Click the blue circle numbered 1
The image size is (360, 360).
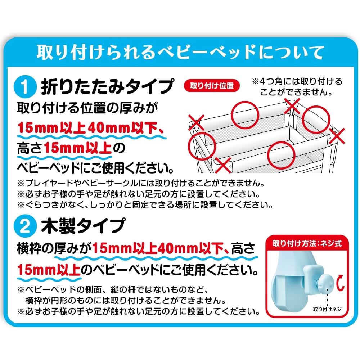click(25, 87)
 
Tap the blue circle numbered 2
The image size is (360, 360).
click(25, 226)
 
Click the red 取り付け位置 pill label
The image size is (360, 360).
click(212, 86)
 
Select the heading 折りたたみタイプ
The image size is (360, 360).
click(107, 86)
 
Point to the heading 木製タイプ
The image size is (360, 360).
click(83, 226)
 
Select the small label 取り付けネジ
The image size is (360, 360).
click(327, 309)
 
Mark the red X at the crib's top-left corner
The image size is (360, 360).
click(196, 122)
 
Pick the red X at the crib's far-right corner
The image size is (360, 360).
click(337, 136)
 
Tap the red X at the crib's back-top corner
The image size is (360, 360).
click(292, 106)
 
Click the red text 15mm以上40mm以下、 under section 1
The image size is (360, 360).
click(91, 128)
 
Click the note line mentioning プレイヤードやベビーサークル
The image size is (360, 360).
click(141, 183)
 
